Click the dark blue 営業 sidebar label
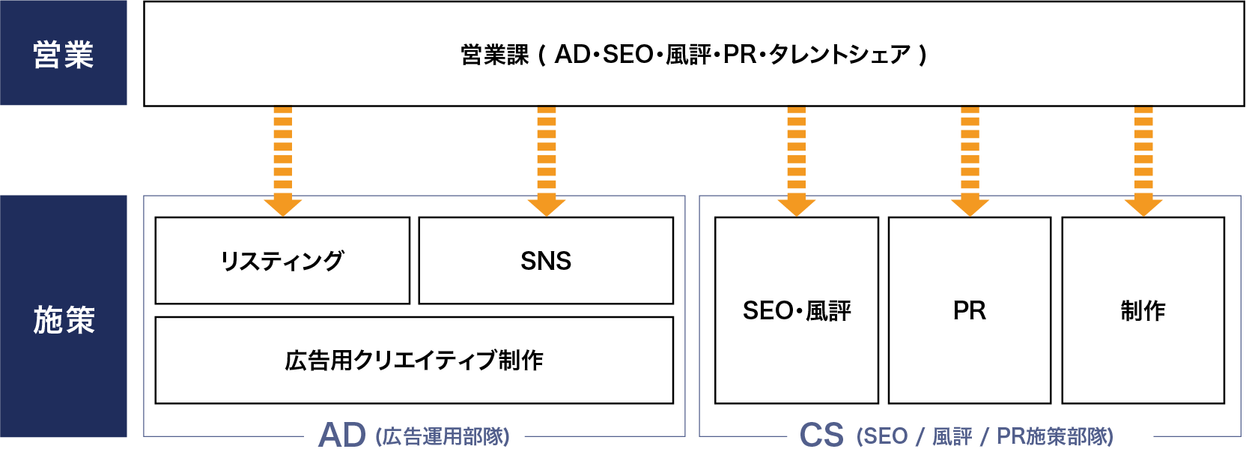click(64, 54)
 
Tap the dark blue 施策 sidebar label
click(64, 319)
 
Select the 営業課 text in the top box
click(495, 55)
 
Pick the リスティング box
click(282, 261)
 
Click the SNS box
click(546, 261)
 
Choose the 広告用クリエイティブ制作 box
click(414, 361)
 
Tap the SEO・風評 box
click(797, 310)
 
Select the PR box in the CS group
click(970, 310)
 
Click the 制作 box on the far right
click(1143, 310)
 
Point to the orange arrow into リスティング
click(282, 161)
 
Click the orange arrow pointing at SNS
click(547, 161)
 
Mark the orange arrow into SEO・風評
click(797, 161)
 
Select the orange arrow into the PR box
click(970, 161)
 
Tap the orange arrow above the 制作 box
click(1143, 161)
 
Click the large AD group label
click(342, 436)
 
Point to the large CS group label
click(821, 436)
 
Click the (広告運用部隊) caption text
click(443, 437)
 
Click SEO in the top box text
click(627, 55)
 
